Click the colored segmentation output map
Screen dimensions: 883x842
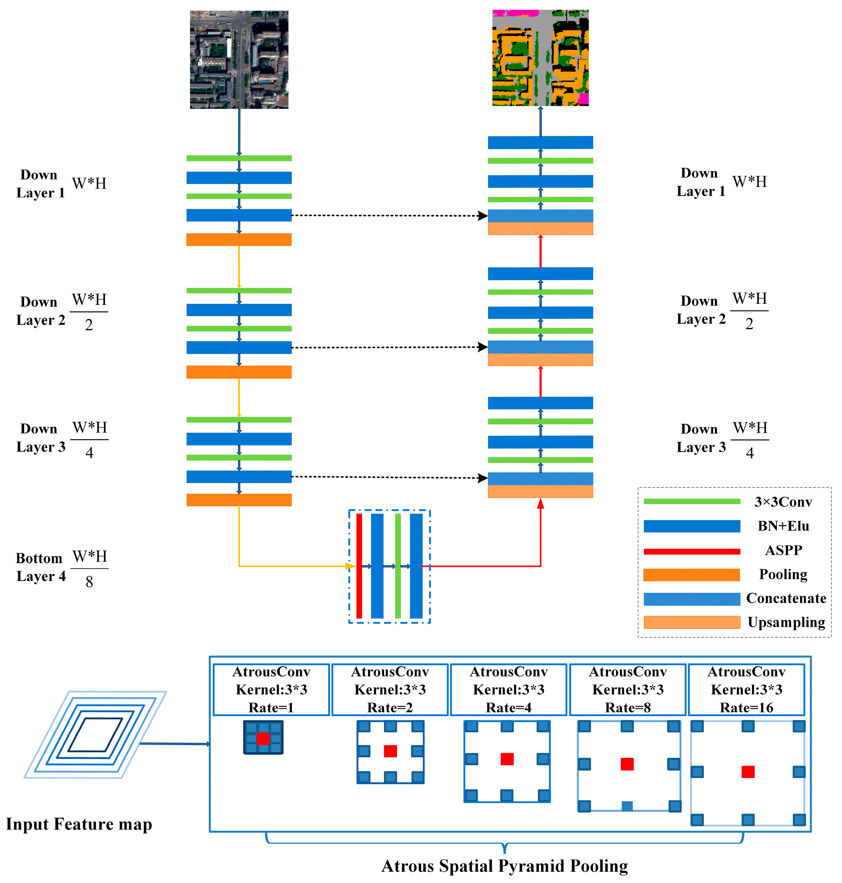[540, 58]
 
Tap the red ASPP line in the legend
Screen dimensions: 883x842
[691, 551]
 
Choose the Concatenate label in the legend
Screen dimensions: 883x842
[786, 598]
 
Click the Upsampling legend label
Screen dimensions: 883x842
[786, 622]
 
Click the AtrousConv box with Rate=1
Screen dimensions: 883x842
[271, 689]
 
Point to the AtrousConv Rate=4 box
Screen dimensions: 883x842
[509, 689]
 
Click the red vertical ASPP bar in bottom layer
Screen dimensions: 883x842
[359, 566]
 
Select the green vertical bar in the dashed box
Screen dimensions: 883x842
[398, 566]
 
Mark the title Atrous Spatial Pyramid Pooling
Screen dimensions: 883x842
[504, 866]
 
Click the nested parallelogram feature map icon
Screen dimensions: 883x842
[95, 734]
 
